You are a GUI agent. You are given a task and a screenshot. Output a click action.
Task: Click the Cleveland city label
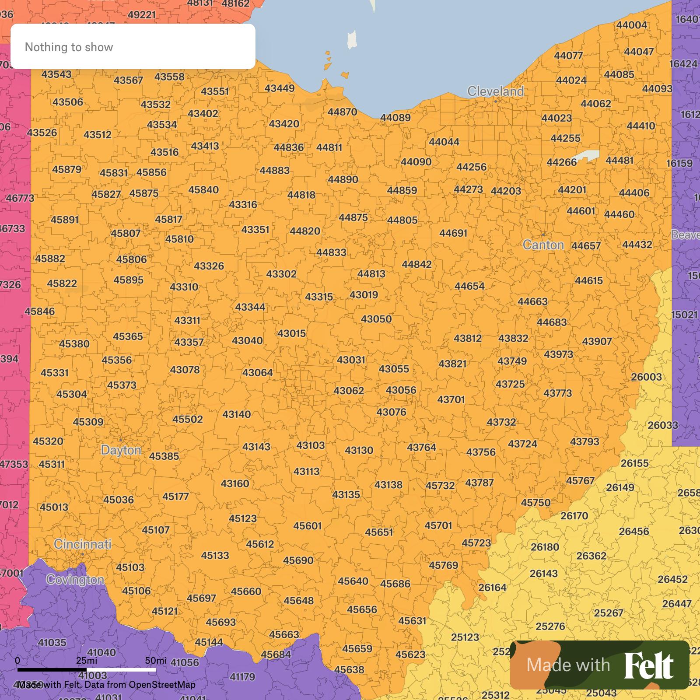click(495, 91)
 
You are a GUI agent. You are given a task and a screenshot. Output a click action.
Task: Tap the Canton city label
click(543, 245)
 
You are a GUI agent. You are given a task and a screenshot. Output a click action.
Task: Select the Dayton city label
click(121, 450)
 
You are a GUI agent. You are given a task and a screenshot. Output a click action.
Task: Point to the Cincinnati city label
click(82, 544)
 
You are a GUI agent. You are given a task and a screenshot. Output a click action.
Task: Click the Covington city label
click(75, 580)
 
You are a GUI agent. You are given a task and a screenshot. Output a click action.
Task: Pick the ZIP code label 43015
click(291, 334)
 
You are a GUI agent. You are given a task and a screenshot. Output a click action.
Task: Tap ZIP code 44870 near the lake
click(342, 112)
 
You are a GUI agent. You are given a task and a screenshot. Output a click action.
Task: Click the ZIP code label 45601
click(307, 526)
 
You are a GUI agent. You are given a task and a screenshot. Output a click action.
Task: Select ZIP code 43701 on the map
click(451, 399)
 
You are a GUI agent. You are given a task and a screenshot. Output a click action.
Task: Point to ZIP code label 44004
click(631, 25)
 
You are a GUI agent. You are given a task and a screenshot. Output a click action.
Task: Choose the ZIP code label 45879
click(66, 169)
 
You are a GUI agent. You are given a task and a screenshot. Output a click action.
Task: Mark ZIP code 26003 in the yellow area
click(646, 377)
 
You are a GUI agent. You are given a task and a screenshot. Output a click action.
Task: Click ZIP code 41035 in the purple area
click(52, 643)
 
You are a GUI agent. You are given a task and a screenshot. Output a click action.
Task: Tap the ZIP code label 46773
click(20, 198)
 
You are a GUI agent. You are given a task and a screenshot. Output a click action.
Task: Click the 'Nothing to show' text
click(69, 47)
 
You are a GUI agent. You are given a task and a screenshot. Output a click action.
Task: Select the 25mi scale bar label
click(86, 661)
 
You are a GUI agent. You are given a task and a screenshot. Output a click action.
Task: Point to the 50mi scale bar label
click(156, 661)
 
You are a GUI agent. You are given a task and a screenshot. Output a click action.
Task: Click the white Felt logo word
click(648, 665)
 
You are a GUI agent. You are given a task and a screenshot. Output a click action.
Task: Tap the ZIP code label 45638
click(349, 670)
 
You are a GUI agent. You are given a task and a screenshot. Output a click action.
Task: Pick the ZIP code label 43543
click(56, 74)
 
